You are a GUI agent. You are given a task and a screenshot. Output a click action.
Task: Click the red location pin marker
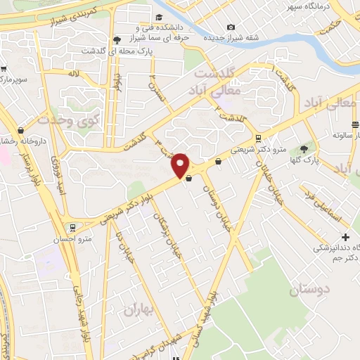point(181,165)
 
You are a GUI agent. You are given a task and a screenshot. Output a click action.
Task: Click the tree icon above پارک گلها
point(304,149)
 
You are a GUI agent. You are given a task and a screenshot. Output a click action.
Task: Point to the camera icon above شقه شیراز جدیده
point(231,27)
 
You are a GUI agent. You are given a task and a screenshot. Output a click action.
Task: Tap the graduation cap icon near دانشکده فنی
point(160,16)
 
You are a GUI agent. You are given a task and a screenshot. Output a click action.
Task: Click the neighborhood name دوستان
point(309,289)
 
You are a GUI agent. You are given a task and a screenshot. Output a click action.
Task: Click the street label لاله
point(73,73)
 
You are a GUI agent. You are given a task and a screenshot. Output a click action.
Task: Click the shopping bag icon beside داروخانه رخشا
point(20,129)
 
